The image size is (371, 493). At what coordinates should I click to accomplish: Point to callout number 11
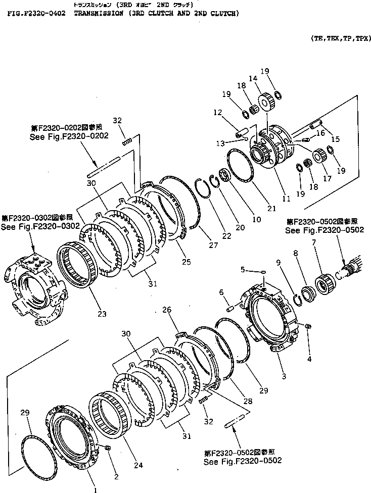point(286,199)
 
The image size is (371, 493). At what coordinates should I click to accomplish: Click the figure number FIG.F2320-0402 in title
point(36,14)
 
